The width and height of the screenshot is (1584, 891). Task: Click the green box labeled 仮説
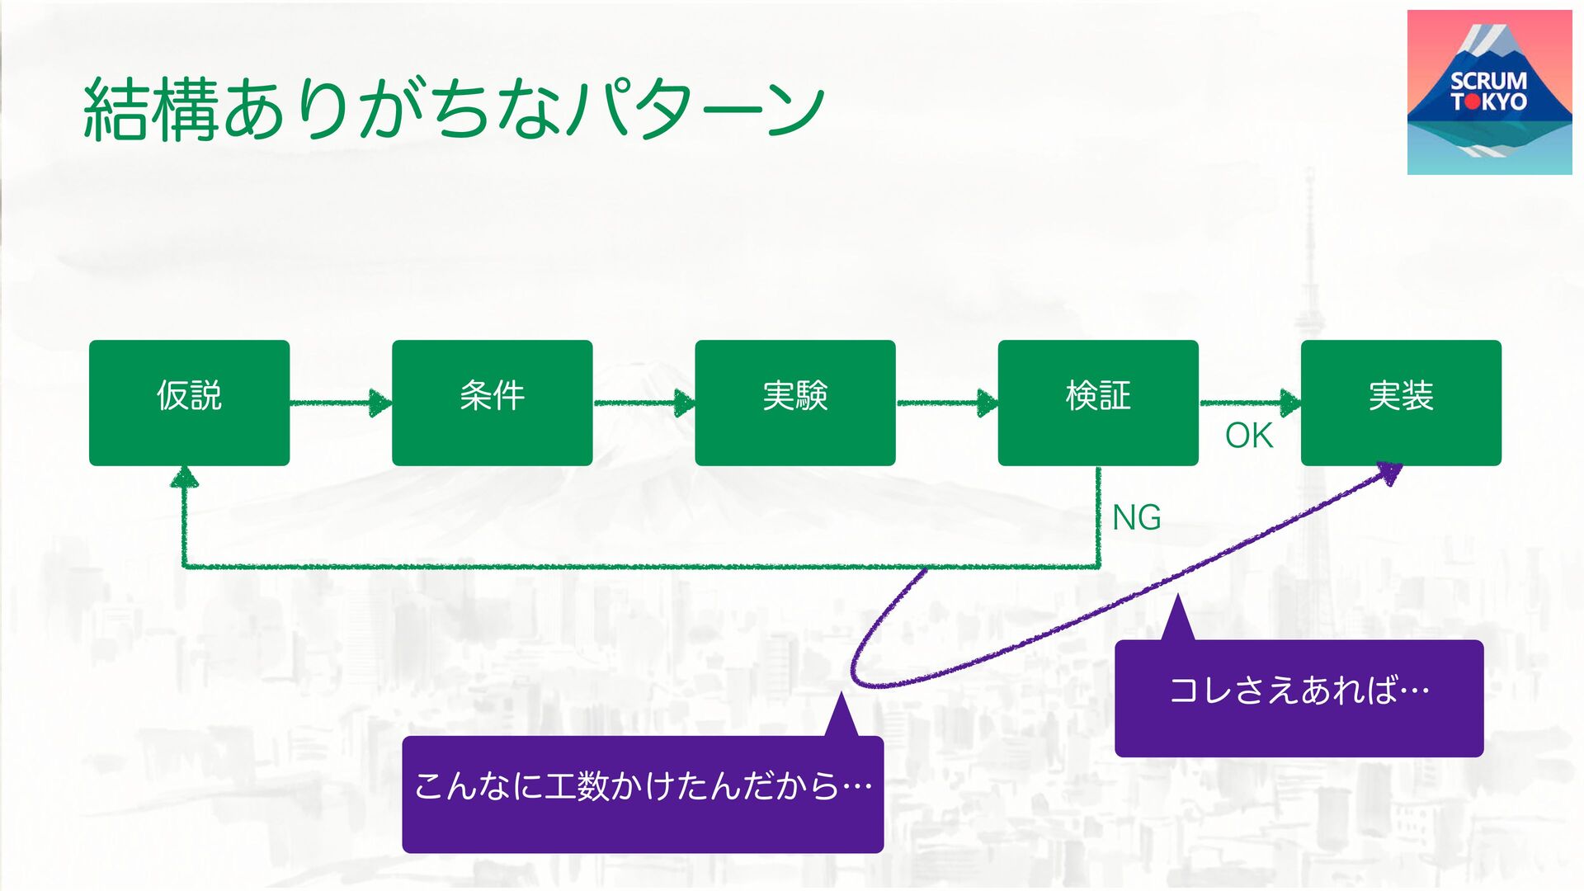click(x=189, y=403)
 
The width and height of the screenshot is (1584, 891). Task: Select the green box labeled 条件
click(x=492, y=403)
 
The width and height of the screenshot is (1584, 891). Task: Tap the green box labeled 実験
click(x=794, y=403)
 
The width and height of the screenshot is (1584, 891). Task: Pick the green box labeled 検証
click(x=1097, y=403)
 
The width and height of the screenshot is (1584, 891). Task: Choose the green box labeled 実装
click(x=1401, y=403)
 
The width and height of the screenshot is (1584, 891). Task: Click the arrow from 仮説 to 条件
click(x=340, y=403)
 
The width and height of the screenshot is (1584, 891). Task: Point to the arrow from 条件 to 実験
click(x=643, y=403)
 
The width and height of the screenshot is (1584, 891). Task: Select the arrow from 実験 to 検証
click(x=946, y=403)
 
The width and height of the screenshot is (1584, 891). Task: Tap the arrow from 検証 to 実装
click(x=1249, y=403)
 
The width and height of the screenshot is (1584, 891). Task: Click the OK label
click(x=1248, y=436)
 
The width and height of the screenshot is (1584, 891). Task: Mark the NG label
click(x=1136, y=518)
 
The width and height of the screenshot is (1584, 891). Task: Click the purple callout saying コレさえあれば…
click(x=1299, y=697)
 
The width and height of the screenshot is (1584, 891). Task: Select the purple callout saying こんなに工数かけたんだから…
click(x=643, y=793)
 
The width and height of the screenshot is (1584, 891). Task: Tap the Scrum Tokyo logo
click(x=1489, y=92)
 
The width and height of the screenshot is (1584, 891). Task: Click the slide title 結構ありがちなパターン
click(x=454, y=109)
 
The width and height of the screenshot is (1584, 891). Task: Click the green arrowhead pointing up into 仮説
click(x=184, y=476)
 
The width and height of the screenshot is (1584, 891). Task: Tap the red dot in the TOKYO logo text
click(x=1472, y=102)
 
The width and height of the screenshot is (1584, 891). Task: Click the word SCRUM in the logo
click(x=1488, y=81)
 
